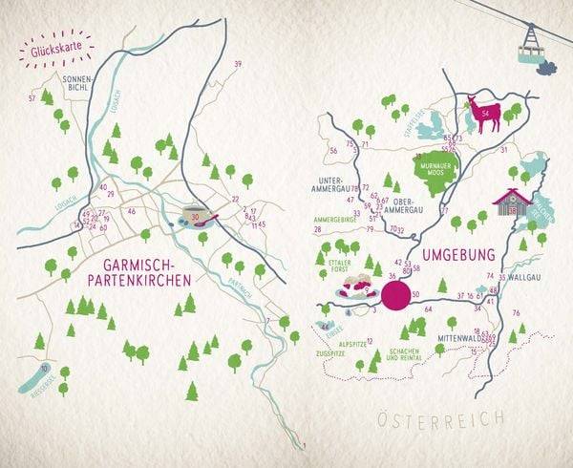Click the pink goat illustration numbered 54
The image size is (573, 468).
click(x=486, y=116)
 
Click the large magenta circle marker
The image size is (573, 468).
click(x=394, y=287)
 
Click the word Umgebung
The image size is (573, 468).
click(x=459, y=256)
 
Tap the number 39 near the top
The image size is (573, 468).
click(x=237, y=64)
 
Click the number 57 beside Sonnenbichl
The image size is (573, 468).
click(x=32, y=98)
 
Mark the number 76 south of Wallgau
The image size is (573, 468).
click(x=517, y=312)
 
